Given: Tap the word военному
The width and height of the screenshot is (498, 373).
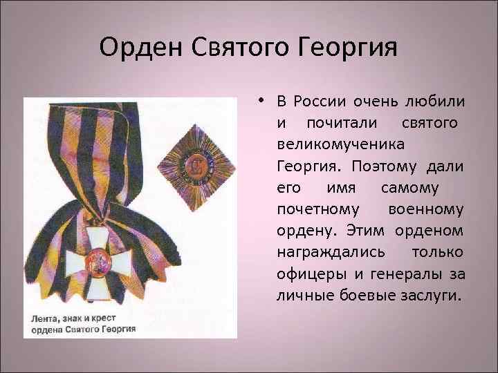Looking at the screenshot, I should coord(426,209).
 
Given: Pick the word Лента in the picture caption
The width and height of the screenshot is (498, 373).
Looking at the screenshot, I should coord(44,318).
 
